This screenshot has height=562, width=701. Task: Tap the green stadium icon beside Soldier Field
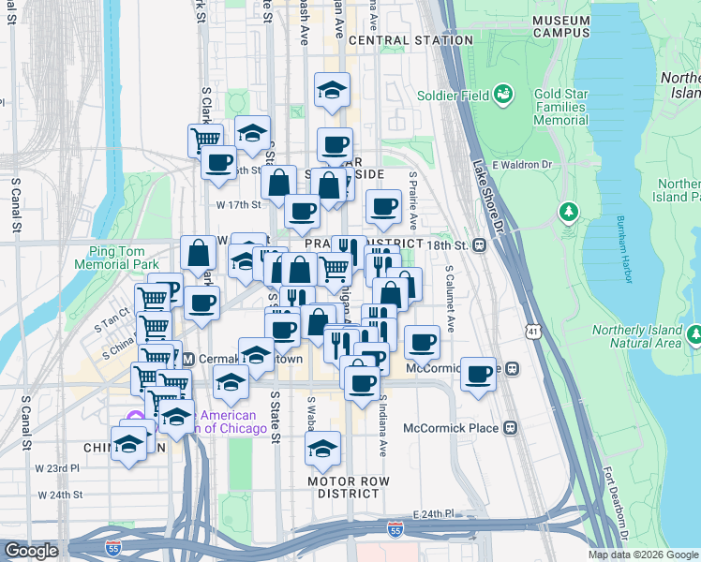click(x=504, y=94)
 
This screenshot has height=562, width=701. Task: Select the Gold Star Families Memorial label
click(x=560, y=107)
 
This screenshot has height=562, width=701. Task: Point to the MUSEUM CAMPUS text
click(x=560, y=25)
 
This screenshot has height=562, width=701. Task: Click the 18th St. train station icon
click(x=479, y=245)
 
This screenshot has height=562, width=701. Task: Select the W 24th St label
click(x=60, y=494)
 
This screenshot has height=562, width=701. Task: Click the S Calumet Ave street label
click(x=450, y=299)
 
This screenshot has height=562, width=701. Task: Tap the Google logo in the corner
click(x=31, y=552)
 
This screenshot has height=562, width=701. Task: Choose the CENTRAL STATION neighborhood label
click(x=410, y=41)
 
